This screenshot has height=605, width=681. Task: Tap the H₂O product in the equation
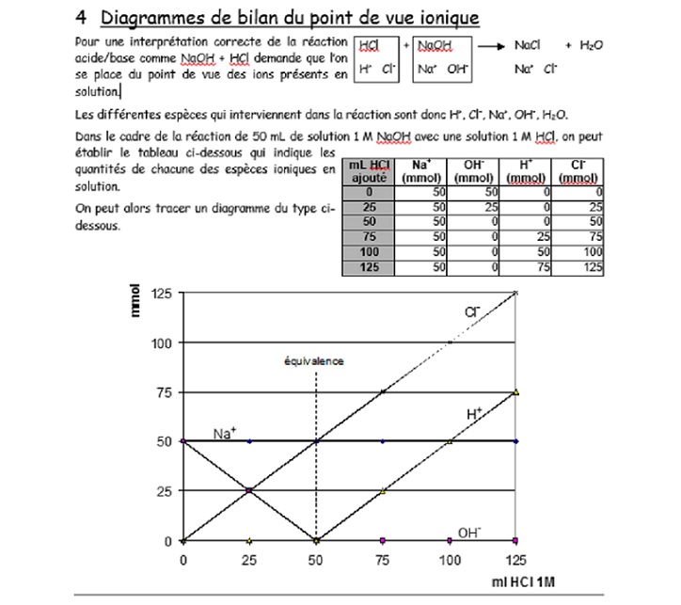pos(591,45)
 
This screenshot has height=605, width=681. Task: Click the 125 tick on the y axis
pos(160,294)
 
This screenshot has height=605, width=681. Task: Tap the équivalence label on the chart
pos(315,360)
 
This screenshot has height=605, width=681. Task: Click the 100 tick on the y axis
pos(160,343)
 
